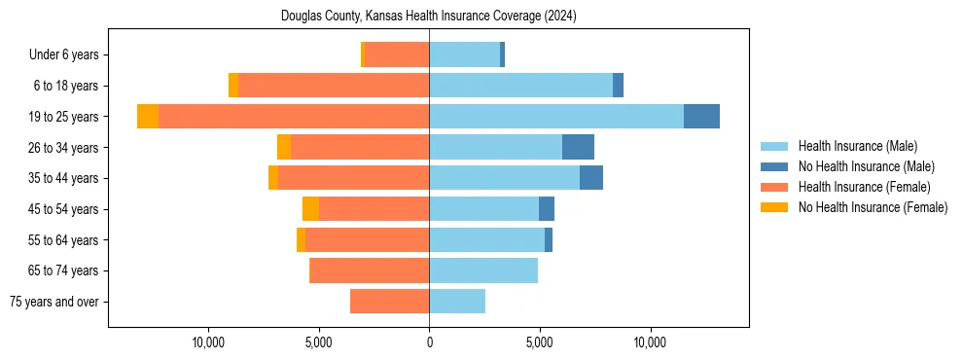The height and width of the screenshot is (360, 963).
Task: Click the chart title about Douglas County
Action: click(x=429, y=17)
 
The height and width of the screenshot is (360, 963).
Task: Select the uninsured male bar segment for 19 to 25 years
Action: click(x=701, y=117)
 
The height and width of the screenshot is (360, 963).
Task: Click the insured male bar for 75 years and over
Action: click(x=457, y=302)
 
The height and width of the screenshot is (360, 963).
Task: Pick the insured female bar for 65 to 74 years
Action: click(x=369, y=270)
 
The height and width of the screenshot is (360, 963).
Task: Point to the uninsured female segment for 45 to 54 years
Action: click(x=310, y=209)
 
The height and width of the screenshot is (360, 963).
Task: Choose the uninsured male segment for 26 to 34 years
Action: click(x=578, y=147)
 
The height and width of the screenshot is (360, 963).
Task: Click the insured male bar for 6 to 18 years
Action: click(x=520, y=86)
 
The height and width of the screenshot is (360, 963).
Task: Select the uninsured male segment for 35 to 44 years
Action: click(x=591, y=178)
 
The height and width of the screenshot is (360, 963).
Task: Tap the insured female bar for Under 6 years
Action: click(x=397, y=55)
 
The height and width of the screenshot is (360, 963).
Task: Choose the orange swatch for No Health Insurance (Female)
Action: click(x=775, y=207)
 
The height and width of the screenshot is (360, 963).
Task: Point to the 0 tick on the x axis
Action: click(x=429, y=342)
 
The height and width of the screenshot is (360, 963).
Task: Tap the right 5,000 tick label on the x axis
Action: click(x=539, y=342)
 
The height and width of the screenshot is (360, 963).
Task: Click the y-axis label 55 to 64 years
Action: click(x=64, y=240)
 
